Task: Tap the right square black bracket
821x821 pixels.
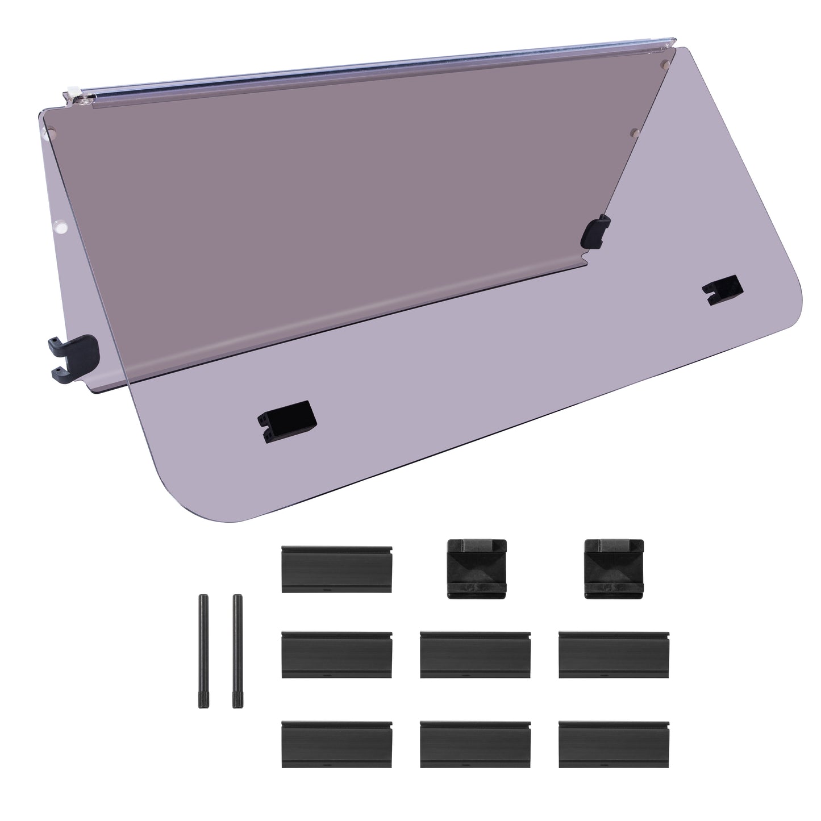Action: (614, 568)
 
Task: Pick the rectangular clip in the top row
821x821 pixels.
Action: (337, 570)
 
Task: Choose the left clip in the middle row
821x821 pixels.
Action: (337, 654)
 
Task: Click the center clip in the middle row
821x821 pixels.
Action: (476, 654)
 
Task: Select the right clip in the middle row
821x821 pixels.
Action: (614, 654)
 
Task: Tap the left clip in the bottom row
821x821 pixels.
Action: (337, 745)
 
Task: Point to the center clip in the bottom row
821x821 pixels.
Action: (476, 745)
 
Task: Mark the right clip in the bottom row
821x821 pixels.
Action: (614, 745)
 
